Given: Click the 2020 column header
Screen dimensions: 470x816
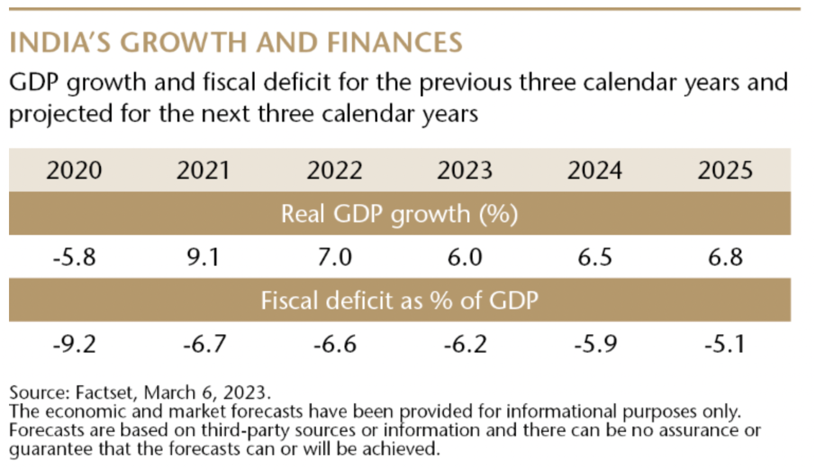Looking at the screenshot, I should coord(74,170).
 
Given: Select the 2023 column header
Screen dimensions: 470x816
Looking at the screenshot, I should coord(465,170).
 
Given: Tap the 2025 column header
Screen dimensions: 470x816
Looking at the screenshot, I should coord(725,170).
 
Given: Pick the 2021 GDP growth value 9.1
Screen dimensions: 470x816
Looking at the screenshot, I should coord(203,257).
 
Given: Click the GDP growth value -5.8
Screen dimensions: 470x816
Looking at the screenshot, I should coord(74,257).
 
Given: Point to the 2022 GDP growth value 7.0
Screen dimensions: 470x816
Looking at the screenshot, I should coord(334,257).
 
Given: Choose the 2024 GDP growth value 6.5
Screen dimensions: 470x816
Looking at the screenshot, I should coord(595,257).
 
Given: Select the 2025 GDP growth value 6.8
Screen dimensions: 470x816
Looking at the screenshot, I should coord(726,257).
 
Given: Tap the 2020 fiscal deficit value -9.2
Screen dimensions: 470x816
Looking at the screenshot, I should coord(74,344).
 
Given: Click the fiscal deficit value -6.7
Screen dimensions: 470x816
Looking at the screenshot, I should coord(204,344).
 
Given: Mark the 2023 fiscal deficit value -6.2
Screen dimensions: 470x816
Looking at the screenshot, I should coord(465,344).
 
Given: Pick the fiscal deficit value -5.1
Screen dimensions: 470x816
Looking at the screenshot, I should coord(725,344).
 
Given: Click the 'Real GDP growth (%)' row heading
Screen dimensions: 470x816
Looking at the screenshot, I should coord(400,214).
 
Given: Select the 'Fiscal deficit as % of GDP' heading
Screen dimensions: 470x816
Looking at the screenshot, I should coord(400,301).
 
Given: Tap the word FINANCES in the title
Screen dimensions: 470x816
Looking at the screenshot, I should coord(395,43).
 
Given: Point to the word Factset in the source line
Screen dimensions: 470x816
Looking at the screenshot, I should coord(104,393).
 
